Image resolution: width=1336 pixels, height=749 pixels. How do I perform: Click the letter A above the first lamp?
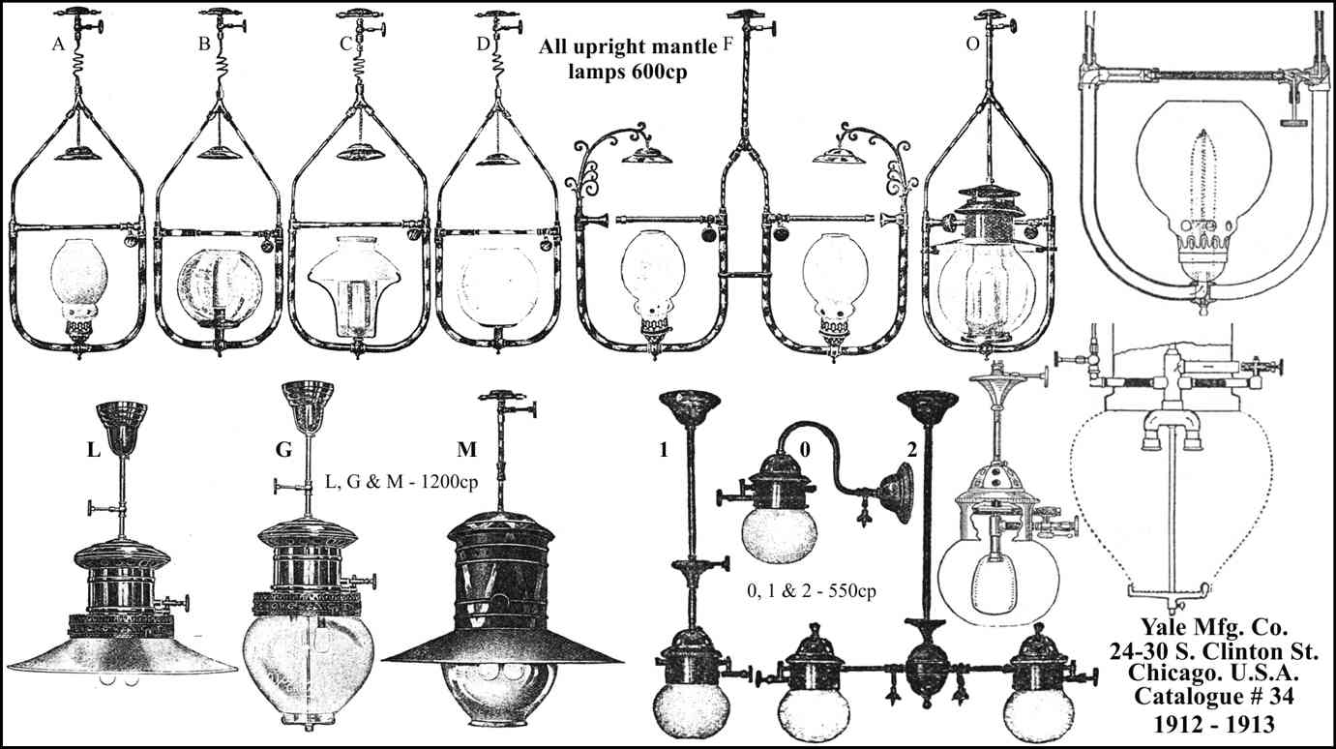(60, 42)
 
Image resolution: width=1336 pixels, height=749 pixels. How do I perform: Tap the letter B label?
(204, 43)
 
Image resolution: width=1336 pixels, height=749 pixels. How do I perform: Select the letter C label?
(345, 43)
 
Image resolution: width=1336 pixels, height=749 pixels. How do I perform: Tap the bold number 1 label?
(663, 450)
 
